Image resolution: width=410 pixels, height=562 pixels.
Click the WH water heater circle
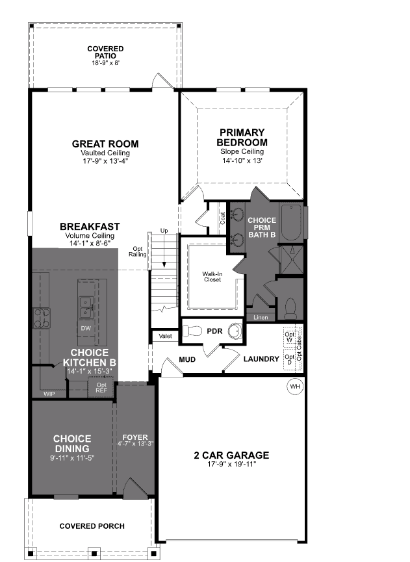coord(296,387)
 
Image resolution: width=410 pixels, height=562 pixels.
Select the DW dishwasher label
coord(86,328)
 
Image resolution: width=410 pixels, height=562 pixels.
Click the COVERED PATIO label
coord(105,52)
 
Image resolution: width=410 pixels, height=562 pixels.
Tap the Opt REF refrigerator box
coord(101,388)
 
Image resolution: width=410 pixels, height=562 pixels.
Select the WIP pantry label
coord(49,394)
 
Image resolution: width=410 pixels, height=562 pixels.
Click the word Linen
coord(261,318)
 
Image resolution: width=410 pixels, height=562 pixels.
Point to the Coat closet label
coord(222,218)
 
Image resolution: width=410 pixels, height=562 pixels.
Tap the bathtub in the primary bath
coord(293,224)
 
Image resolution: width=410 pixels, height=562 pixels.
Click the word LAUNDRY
coord(261,359)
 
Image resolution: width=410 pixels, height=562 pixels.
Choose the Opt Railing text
coord(138,252)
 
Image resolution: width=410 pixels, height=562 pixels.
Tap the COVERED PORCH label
coord(92,526)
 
